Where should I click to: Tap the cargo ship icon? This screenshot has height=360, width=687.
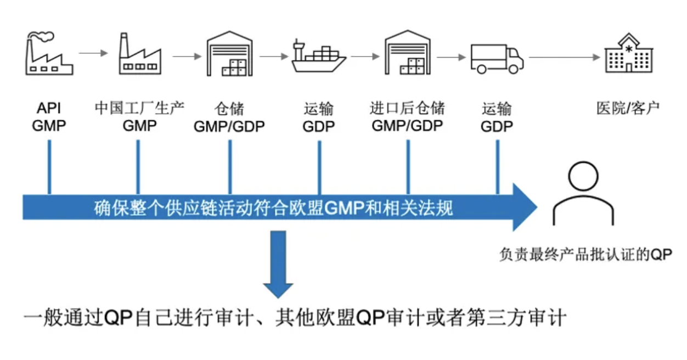click(318, 57)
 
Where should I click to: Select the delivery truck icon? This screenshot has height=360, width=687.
click(497, 58)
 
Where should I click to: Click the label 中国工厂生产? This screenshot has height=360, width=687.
click(139, 108)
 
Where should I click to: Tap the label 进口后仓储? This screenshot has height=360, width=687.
click(407, 108)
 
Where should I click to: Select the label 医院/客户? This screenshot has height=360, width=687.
click(628, 108)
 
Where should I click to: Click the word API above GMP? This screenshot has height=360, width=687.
click(49, 108)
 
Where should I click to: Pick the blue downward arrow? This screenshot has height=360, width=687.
click(278, 263)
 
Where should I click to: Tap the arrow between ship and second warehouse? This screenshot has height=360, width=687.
click(365, 57)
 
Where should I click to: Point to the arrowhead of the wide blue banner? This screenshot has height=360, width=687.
click(524, 207)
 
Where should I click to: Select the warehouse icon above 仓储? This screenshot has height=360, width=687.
click(229, 54)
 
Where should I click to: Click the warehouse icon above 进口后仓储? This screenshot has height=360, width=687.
click(407, 54)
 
